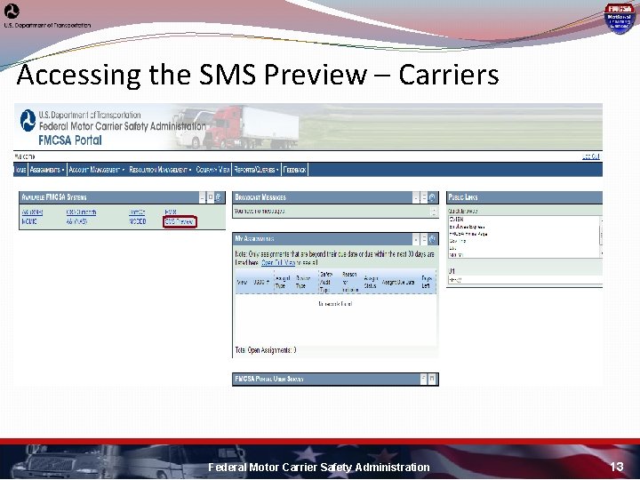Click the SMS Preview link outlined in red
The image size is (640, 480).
[x=180, y=222]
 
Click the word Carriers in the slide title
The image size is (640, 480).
[x=448, y=76]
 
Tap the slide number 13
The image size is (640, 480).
[x=617, y=467]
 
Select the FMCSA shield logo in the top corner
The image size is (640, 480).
[x=619, y=17]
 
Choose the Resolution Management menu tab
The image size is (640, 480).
[x=158, y=169]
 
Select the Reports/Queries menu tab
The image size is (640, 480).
[x=258, y=169]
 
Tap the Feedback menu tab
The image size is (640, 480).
[x=295, y=169]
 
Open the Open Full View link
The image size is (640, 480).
[x=280, y=263]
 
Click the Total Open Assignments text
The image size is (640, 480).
[x=266, y=350]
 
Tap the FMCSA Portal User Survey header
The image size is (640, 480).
[x=269, y=380]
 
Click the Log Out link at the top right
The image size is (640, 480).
[x=591, y=156]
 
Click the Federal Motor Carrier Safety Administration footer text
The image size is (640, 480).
[x=318, y=467]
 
